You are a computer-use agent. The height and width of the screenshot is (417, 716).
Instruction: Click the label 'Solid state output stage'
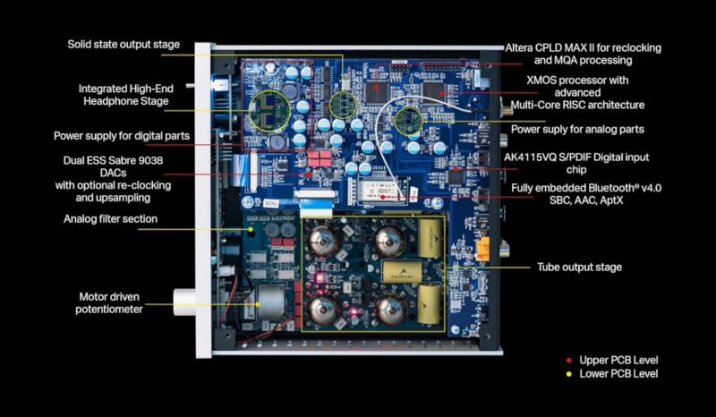[x=124, y=44]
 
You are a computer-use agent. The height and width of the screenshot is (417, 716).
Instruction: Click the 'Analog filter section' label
[x=110, y=217]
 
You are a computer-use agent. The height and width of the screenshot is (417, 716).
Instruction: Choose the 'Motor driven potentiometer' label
[x=110, y=302]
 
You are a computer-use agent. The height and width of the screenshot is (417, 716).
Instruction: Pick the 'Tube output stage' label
[x=579, y=267]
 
